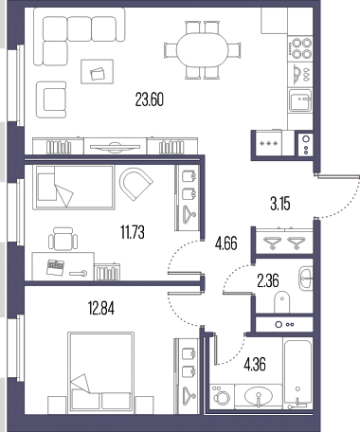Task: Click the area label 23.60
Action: pos(150,99)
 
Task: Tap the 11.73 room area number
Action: pos(133,233)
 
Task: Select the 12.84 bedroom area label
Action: pos(101,308)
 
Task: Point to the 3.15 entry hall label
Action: pos(280,204)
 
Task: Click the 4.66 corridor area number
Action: pos(226,244)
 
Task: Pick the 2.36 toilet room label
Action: pos(268,281)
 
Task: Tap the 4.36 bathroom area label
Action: pos(255,364)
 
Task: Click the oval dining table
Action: pos(202,49)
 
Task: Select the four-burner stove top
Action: pos(300,48)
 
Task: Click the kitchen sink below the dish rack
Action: pos(300,100)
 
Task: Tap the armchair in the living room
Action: pos(51,99)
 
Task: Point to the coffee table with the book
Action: pos(97,72)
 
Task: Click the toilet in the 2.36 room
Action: pos(281,302)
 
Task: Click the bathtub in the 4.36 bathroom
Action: pos(298,374)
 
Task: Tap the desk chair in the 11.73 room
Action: pos(63,239)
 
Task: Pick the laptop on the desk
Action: pos(55,267)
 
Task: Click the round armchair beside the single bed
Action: pos(135,183)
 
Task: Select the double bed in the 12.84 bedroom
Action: pos(101,372)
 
